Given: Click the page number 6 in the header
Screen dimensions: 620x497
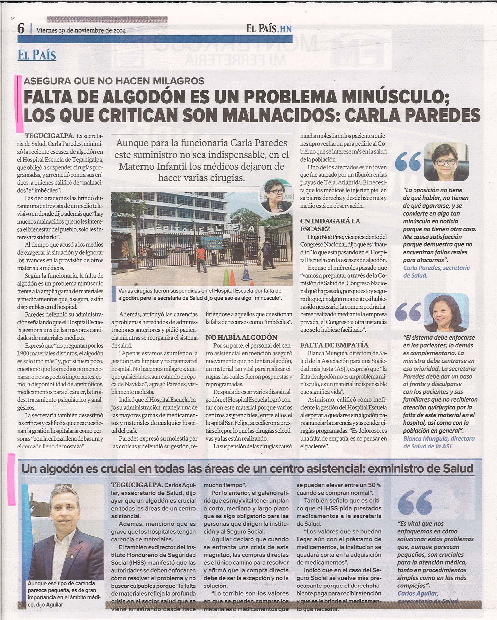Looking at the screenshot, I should [x=21, y=29].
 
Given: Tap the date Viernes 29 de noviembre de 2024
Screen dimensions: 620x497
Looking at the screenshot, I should [x=81, y=30].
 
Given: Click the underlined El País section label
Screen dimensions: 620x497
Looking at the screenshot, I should [x=37, y=55].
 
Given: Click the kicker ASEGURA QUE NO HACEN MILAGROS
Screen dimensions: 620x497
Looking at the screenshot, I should [x=114, y=81].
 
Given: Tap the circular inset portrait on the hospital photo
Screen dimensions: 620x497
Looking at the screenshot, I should [x=276, y=197].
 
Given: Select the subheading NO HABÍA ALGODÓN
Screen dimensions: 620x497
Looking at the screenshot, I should [x=242, y=337].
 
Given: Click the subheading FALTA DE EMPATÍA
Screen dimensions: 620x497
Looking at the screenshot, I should [x=334, y=345].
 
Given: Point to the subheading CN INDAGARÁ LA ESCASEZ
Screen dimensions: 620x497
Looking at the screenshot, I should [x=330, y=225].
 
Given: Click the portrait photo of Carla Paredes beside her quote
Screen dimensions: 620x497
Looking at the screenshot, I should [x=446, y=162].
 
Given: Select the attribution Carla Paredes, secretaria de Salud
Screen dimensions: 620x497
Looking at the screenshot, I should [x=436, y=271].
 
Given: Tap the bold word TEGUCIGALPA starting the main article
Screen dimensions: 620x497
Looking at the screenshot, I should [x=49, y=136].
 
